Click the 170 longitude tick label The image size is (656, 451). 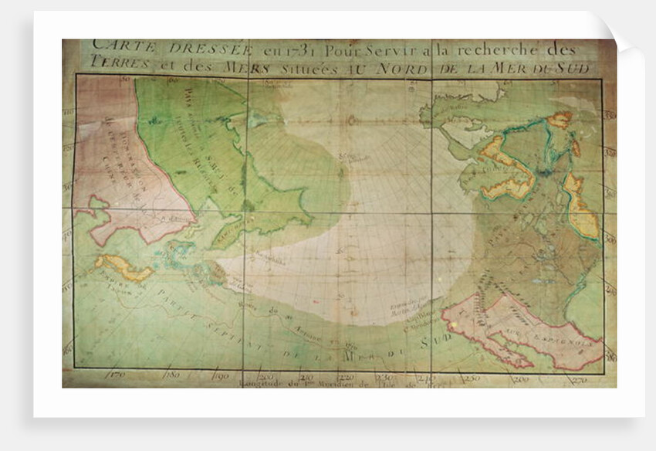(118, 376)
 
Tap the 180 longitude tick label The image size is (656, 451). (172, 375)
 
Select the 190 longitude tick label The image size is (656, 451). (221, 377)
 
